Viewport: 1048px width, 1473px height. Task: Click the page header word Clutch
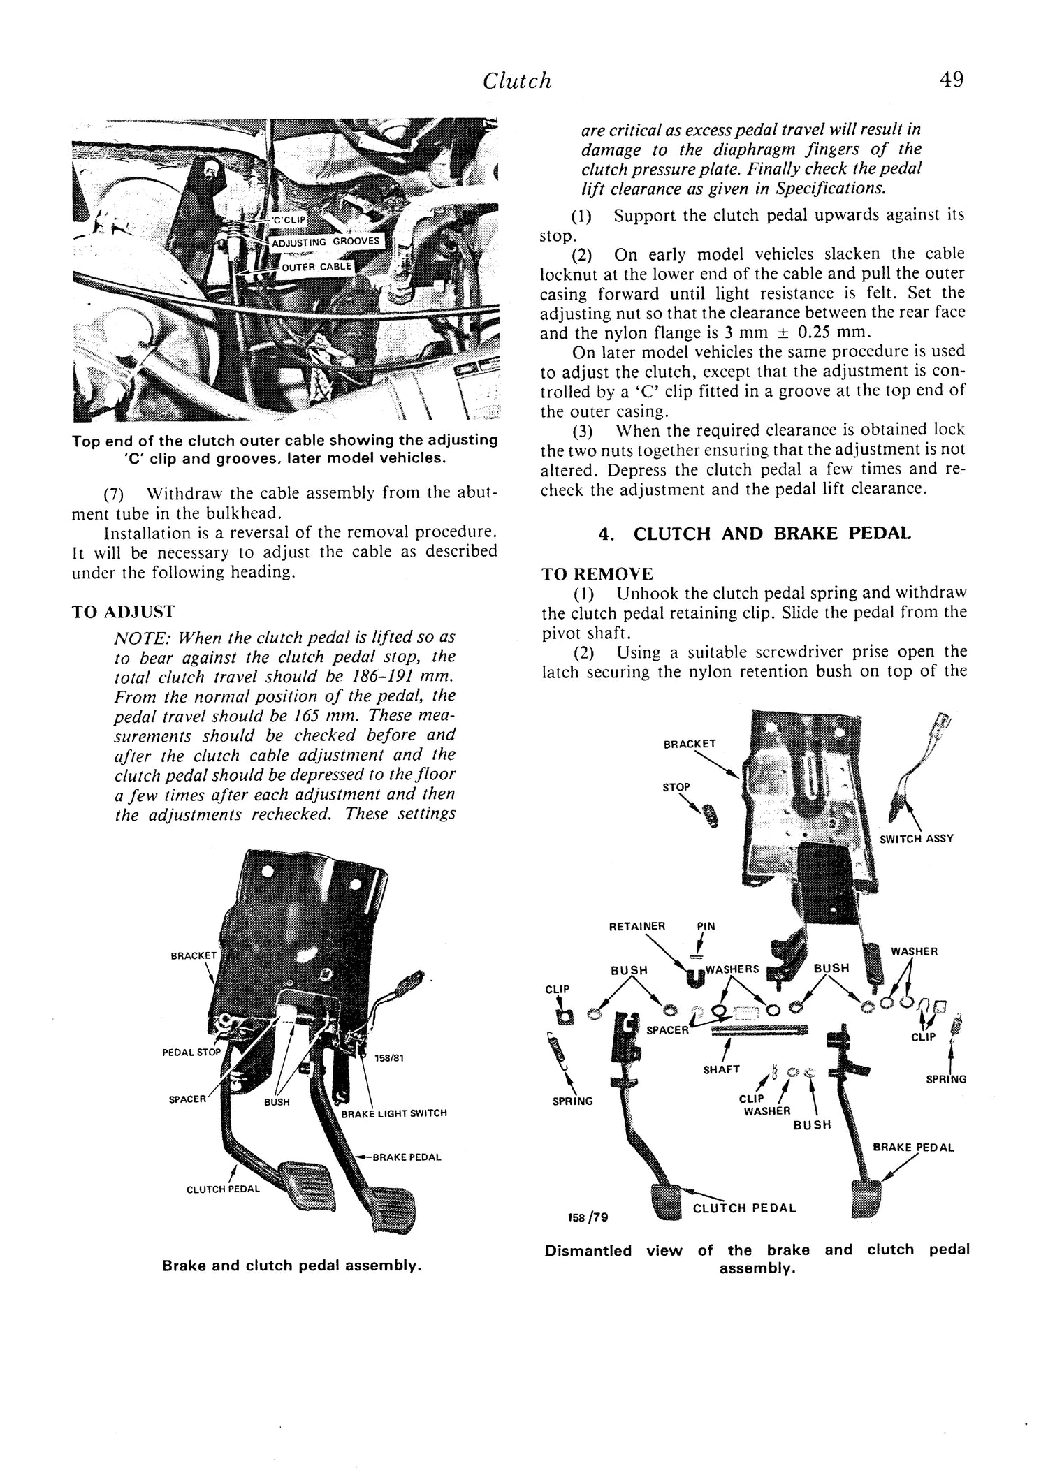coord(517,82)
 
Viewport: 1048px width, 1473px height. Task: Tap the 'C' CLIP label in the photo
coord(289,220)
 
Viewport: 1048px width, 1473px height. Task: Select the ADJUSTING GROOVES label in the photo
coord(325,242)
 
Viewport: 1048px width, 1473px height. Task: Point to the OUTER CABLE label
coord(318,267)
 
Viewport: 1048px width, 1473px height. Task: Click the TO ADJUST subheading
coord(123,612)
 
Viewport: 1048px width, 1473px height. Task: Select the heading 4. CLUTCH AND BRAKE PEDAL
coord(755,534)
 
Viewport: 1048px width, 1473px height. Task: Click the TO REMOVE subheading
coord(597,574)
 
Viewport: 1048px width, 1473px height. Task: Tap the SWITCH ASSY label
coord(917,839)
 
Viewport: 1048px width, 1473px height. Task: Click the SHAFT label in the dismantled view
coord(721,1069)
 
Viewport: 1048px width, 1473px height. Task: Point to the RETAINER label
coord(636,927)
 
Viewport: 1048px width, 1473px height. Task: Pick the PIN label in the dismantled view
coord(706,927)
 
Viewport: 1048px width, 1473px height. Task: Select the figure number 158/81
coord(388,1057)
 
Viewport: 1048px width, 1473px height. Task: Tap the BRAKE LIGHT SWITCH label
coord(394,1113)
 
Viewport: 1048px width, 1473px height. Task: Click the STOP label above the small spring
coord(676,787)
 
